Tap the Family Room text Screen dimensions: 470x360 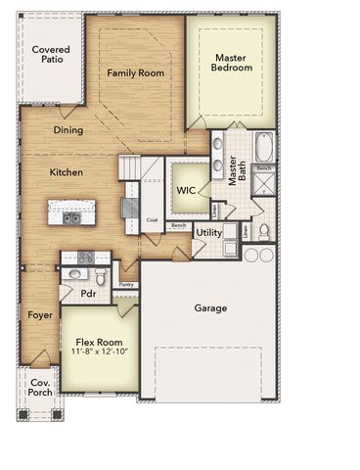[135, 72]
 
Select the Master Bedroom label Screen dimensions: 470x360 [233, 62]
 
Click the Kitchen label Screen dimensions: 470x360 [66, 172]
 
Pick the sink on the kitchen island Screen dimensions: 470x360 [72, 218]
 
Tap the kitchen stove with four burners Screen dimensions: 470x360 [85, 258]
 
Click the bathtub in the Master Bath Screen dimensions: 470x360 [265, 147]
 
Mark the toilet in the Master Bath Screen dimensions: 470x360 [263, 232]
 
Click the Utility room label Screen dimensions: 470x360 [208, 232]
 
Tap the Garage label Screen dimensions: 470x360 [210, 308]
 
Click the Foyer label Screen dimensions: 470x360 [39, 315]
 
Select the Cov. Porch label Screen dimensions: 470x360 [40, 388]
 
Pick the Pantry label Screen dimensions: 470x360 [126, 285]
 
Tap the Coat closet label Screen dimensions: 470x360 [152, 220]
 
